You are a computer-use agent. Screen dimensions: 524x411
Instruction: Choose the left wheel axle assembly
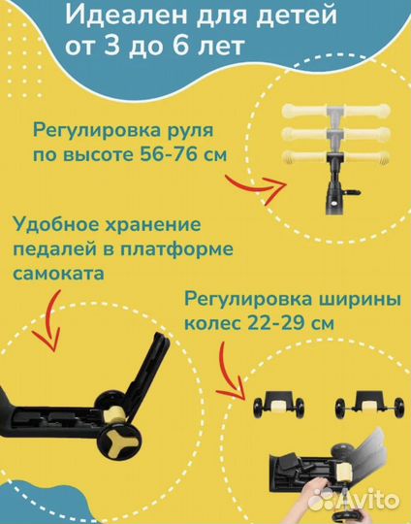tap(275, 404)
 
